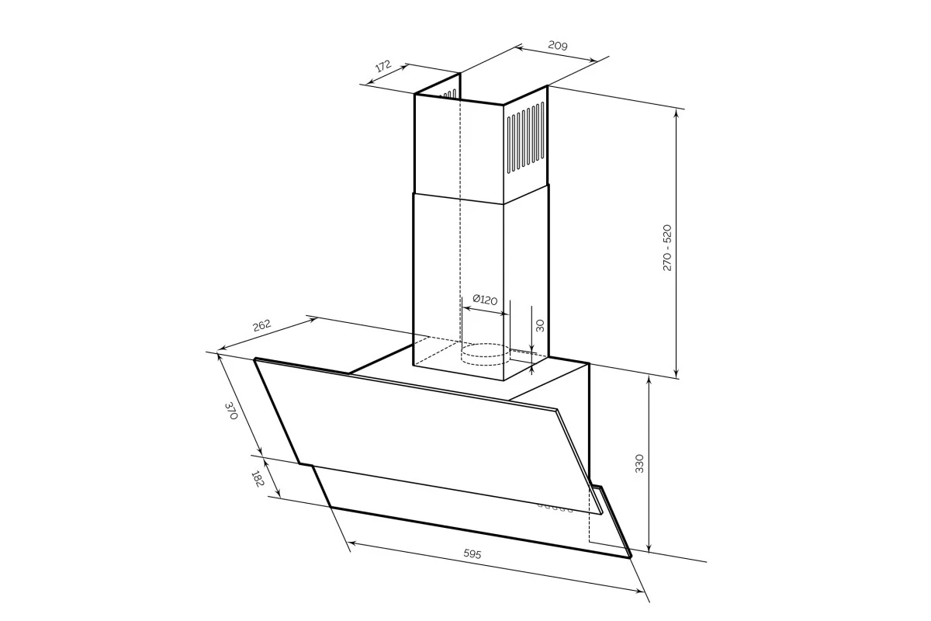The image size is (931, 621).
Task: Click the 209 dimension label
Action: [x=557, y=45]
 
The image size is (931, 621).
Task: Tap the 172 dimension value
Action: [x=382, y=66]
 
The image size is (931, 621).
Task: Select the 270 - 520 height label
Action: [x=666, y=248]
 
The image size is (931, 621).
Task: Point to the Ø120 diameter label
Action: [x=485, y=299]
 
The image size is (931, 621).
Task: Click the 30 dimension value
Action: [x=540, y=325]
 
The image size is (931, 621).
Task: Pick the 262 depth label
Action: [x=262, y=324]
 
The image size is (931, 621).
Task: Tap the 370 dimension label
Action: [x=230, y=410]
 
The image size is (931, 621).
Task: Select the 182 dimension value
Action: [x=258, y=478]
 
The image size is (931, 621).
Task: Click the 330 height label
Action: [x=639, y=463]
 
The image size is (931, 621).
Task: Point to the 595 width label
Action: [x=472, y=553]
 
